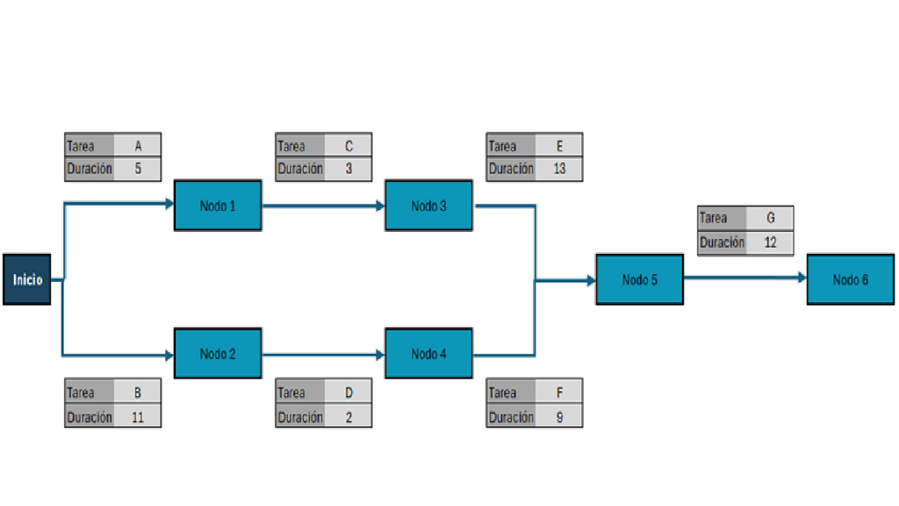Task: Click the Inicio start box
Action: coord(27,279)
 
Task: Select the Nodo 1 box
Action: coord(218,206)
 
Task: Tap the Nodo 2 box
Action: coord(218,353)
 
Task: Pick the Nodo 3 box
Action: coord(428,206)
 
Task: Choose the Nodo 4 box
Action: coord(428,353)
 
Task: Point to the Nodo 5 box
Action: coord(640,279)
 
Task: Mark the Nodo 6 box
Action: coord(851,279)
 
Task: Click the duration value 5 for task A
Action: coord(138,169)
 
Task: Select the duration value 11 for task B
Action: coord(138,417)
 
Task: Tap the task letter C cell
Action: coord(348,146)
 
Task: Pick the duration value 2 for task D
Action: coord(349,417)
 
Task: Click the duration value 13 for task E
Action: coord(559,169)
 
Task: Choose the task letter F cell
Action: coord(559,393)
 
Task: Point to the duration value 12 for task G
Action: coord(771,242)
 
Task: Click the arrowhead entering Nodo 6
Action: coord(802,278)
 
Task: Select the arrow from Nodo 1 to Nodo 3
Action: coord(323,206)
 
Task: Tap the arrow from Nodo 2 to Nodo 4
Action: coord(323,355)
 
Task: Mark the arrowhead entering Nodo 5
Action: coord(592,280)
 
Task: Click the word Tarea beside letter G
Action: coord(713,218)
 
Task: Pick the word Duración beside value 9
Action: coord(511,417)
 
